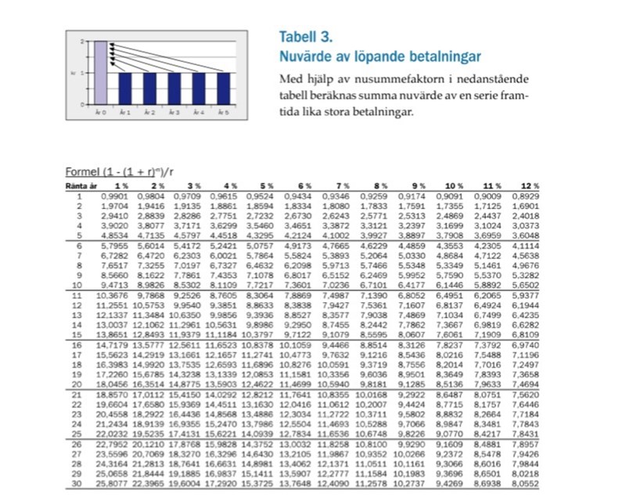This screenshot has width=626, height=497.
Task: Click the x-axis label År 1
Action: tap(124, 113)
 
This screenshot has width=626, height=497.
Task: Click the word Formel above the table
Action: tap(79, 172)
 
